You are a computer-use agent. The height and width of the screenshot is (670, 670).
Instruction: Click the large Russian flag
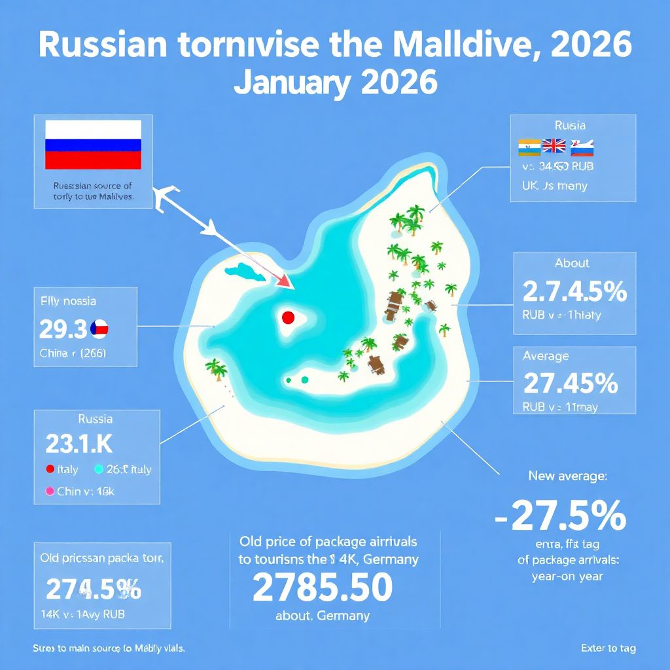[x=93, y=145]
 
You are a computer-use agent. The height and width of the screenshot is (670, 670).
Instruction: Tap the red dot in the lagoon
[x=287, y=318]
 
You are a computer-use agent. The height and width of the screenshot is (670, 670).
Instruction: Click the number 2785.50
[x=322, y=587]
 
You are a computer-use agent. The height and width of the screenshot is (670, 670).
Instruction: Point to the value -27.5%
[x=561, y=517]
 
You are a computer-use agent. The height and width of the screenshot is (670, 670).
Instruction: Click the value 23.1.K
[x=79, y=444]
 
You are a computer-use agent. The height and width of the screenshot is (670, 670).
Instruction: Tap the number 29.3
[x=63, y=329]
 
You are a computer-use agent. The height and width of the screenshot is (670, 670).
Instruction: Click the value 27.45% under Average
[x=571, y=382]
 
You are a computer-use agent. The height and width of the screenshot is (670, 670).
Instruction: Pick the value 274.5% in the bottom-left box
[x=93, y=589]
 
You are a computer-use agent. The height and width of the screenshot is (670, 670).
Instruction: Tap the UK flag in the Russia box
[x=554, y=147]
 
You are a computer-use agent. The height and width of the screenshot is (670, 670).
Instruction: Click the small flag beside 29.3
[x=99, y=328]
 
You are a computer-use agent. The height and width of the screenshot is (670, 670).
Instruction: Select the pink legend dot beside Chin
[x=48, y=491]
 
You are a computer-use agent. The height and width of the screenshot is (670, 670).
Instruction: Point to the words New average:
[x=567, y=476]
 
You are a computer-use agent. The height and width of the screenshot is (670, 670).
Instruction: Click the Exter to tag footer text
[x=608, y=648]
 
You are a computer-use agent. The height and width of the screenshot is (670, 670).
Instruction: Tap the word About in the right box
[x=572, y=263]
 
